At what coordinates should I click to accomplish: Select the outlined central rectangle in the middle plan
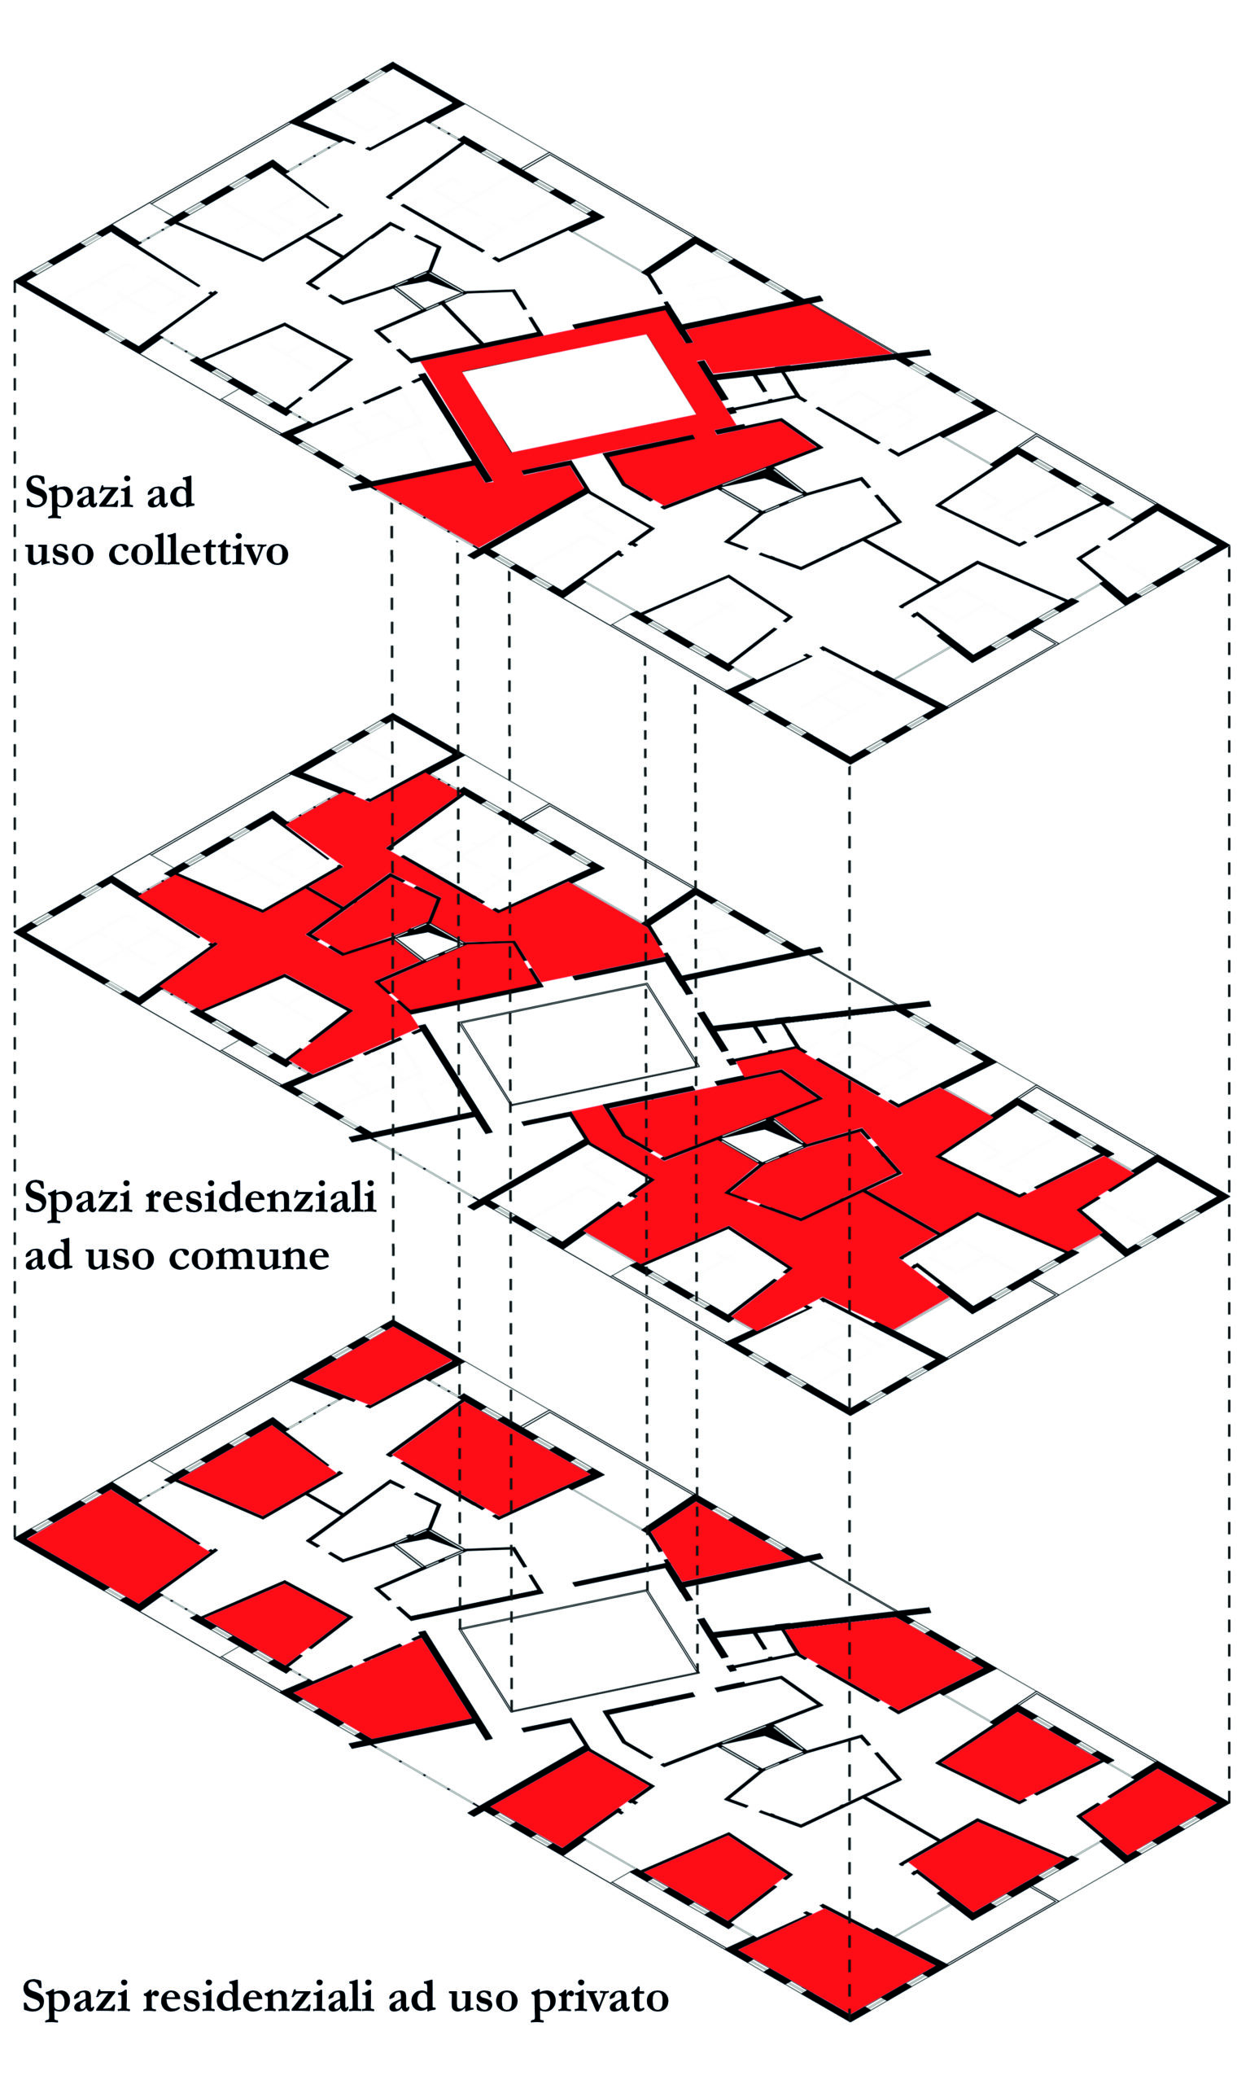pos(579,1043)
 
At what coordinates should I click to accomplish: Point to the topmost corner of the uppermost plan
pos(392,64)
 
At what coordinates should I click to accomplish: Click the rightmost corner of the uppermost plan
pos(1228,546)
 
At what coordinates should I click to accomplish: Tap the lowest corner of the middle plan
pos(849,1412)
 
